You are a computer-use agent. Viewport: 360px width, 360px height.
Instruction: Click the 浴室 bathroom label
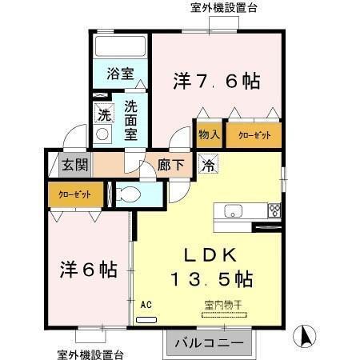tap(121, 74)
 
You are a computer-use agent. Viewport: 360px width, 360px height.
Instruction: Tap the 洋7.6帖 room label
tap(216, 81)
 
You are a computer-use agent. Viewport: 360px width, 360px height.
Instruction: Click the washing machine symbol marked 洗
tap(103, 114)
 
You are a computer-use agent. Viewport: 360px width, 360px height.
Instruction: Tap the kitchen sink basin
tap(233, 211)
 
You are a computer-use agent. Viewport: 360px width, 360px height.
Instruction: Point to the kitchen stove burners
tap(274, 211)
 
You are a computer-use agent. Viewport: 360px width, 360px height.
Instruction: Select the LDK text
tap(210, 255)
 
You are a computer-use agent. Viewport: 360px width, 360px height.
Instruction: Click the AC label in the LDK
tap(146, 304)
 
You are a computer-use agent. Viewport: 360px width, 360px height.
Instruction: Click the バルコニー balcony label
tap(212, 342)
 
